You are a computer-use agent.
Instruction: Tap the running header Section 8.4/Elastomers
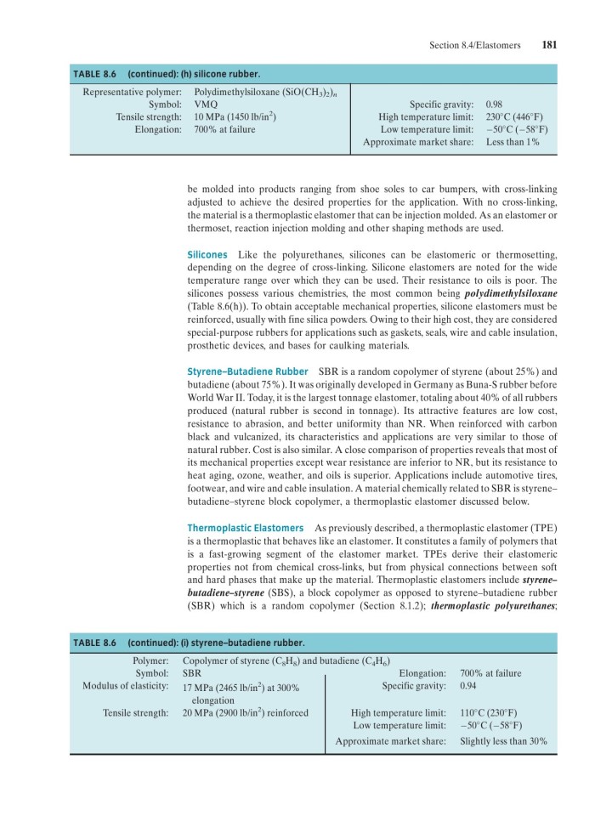(x=475, y=46)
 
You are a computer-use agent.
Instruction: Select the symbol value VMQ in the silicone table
(x=206, y=103)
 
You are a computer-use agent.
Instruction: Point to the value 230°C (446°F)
(x=515, y=116)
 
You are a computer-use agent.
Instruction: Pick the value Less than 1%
(x=513, y=143)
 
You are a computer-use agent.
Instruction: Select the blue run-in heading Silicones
(x=207, y=255)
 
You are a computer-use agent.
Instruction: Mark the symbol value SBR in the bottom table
(x=192, y=673)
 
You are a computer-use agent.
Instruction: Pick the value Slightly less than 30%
(x=503, y=741)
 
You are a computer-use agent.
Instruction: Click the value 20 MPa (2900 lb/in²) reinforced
(x=245, y=712)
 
